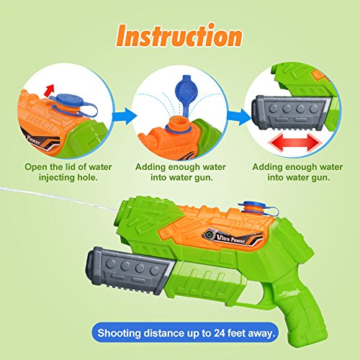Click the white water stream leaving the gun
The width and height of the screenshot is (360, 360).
click(x=43, y=193)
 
